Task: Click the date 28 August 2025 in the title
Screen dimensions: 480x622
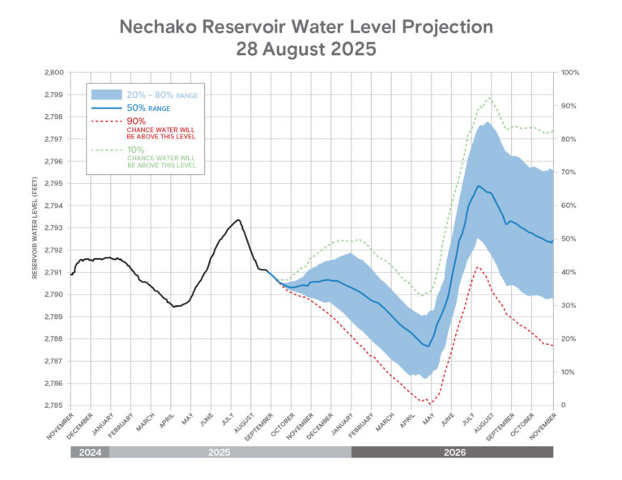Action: pos(305,49)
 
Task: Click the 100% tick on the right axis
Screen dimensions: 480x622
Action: pos(570,73)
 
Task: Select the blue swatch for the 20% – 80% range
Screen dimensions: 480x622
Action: pos(106,95)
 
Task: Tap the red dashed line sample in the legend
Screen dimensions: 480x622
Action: pos(106,121)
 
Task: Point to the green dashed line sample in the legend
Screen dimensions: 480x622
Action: pos(106,150)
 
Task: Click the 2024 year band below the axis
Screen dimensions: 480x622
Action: pos(89,452)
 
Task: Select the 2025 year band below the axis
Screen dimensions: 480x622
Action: pos(230,452)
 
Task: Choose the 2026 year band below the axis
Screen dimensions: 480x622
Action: pos(452,452)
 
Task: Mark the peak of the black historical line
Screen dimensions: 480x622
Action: pos(238,219)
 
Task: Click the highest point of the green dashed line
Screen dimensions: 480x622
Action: pos(489,98)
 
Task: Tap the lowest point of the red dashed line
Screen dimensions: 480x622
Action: pos(429,402)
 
